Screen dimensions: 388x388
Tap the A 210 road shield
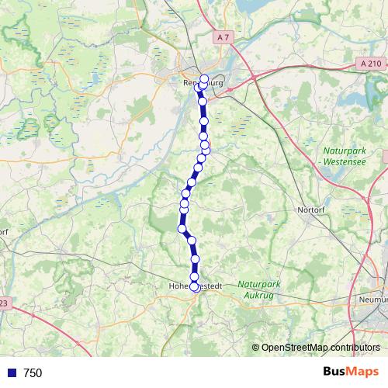click(372, 63)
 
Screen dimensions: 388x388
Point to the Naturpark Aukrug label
click(262, 290)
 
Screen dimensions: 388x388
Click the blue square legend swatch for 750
click(11, 373)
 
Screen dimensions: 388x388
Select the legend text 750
click(33, 373)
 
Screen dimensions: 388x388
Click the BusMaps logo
click(351, 372)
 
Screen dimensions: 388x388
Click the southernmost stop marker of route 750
click(194, 286)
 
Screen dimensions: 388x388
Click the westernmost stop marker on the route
click(182, 228)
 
